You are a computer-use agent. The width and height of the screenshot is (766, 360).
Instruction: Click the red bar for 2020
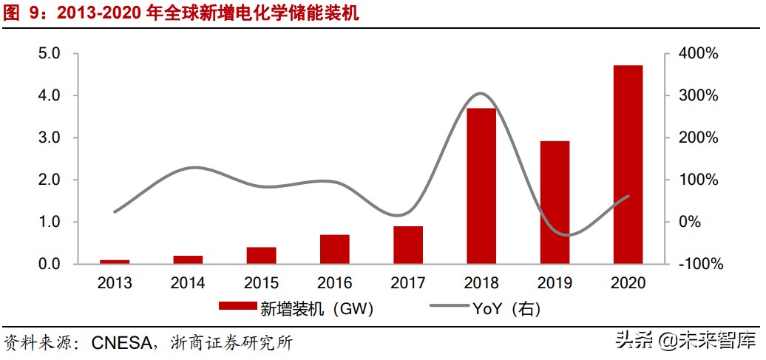(628, 164)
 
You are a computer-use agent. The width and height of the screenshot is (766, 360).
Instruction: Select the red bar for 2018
(481, 186)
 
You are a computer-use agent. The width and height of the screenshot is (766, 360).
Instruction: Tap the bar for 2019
(555, 202)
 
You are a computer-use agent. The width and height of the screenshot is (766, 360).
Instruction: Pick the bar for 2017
(408, 245)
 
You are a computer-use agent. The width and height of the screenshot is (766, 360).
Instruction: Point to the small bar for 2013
(115, 261)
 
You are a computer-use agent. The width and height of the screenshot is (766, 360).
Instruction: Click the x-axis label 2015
(261, 283)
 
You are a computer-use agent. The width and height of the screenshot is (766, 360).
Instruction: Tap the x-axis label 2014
(188, 283)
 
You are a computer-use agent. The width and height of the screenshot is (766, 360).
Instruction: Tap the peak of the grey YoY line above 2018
(480, 93)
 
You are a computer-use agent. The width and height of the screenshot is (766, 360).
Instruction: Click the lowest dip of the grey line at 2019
(564, 235)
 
